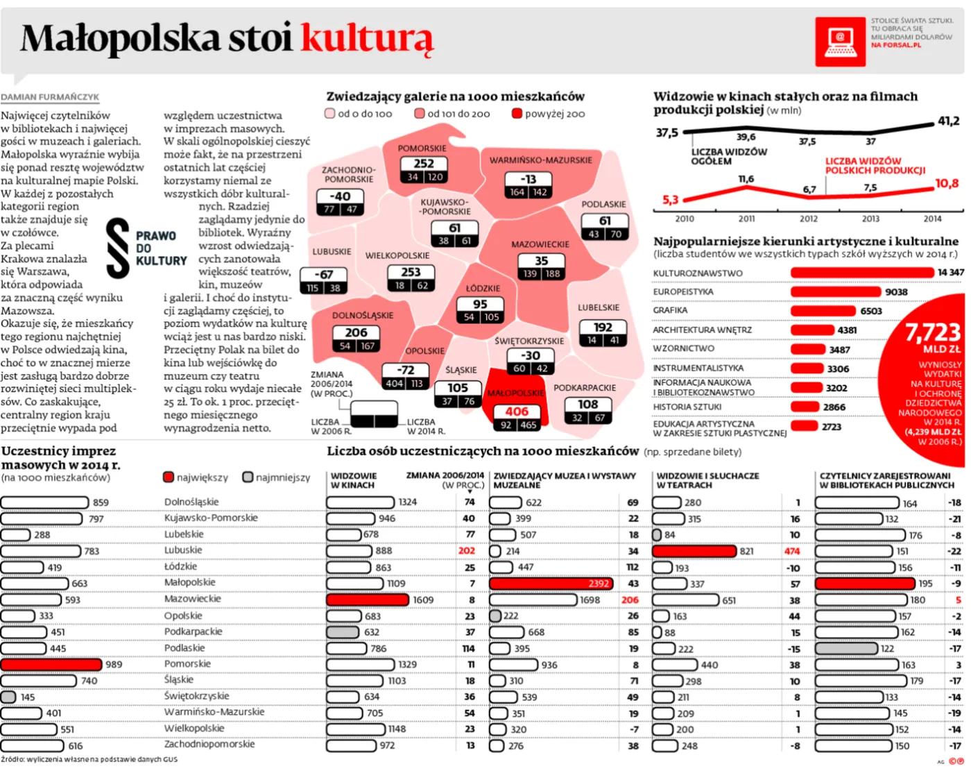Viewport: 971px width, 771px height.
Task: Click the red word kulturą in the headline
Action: pyautogui.click(x=367, y=38)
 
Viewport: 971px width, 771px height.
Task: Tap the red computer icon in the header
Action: pyautogui.click(x=839, y=42)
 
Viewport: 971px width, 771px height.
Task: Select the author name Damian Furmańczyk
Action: pyautogui.click(x=50, y=97)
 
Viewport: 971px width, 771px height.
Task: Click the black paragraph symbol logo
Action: pyautogui.click(x=118, y=248)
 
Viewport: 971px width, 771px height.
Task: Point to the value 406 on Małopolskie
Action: pyautogui.click(x=517, y=411)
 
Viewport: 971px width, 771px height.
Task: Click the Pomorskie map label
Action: pyautogui.click(x=422, y=148)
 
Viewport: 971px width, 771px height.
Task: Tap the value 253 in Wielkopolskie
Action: pyautogui.click(x=411, y=272)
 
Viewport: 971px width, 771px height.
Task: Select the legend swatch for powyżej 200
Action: pyautogui.click(x=517, y=114)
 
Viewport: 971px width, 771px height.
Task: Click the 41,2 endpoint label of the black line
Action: pyautogui.click(x=948, y=121)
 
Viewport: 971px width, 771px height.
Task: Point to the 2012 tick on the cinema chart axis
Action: pyautogui.click(x=809, y=219)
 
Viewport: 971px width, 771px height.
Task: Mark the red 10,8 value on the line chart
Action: pyautogui.click(x=947, y=184)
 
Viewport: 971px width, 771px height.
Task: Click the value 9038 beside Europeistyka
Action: pyautogui.click(x=896, y=292)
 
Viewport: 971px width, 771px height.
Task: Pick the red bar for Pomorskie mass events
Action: pyautogui.click(x=51, y=664)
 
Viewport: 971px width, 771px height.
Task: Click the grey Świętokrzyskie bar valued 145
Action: pyautogui.click(x=8, y=697)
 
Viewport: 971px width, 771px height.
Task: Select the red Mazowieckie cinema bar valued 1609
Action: pyautogui.click(x=368, y=600)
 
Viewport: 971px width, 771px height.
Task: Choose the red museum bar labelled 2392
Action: pyautogui.click(x=551, y=584)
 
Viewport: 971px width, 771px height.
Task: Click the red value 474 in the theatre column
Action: pyautogui.click(x=791, y=551)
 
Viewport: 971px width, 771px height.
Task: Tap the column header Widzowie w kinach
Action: pyautogui.click(x=354, y=480)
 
